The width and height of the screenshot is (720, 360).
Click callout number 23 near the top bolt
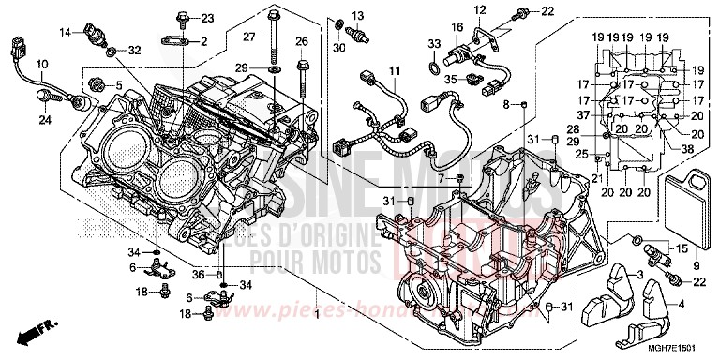(208, 18)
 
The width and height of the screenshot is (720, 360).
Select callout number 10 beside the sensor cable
(41, 63)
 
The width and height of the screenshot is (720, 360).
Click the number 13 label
(357, 15)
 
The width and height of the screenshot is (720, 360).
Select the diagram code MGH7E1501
(677, 347)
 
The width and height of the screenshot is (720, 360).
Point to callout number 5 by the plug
(119, 86)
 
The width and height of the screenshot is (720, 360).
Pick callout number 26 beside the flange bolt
(302, 41)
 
